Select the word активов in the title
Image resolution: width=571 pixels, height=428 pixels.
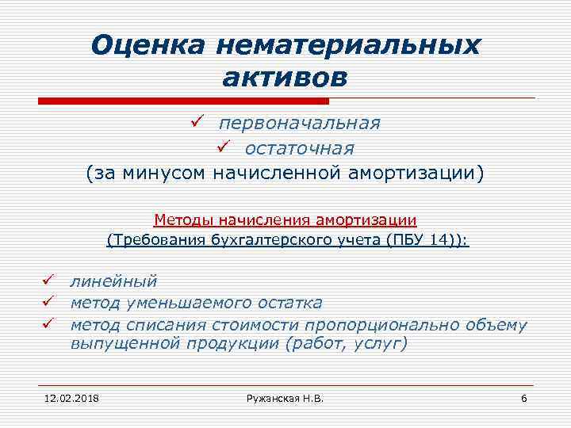[285, 78]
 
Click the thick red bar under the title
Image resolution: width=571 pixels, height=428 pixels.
[183, 101]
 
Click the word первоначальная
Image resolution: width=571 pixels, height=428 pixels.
[300, 124]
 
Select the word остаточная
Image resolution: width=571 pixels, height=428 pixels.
[299, 148]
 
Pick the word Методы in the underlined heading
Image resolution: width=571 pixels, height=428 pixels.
[180, 219]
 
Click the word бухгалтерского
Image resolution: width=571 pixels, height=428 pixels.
[263, 239]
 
